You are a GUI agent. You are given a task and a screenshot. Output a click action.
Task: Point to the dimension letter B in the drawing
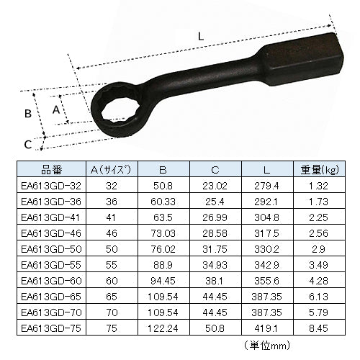coord(28,113)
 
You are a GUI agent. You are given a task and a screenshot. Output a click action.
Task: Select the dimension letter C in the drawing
coord(27,144)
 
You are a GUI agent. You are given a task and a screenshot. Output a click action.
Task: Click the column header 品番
coord(53,171)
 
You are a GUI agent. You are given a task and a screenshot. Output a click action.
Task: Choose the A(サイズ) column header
coord(111,171)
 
